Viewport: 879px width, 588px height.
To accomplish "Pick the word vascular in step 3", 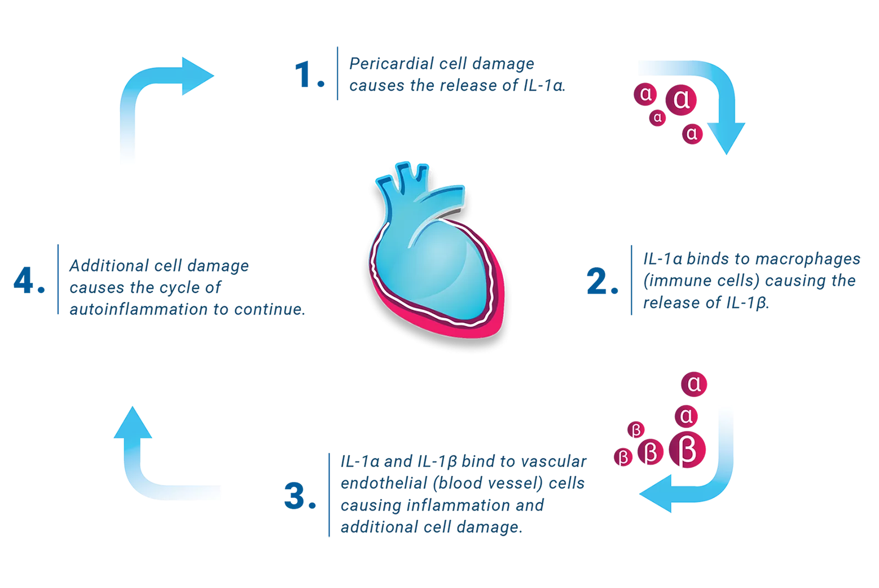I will [554, 461].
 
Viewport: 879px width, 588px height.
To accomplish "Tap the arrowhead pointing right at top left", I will [196, 76].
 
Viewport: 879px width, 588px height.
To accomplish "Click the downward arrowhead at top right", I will [726, 137].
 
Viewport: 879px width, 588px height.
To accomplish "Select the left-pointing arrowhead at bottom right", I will [657, 494].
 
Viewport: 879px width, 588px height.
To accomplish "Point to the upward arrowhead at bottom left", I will [132, 423].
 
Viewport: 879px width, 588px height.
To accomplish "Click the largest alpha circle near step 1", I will [681, 99].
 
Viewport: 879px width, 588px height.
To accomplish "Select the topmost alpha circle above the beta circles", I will [694, 384].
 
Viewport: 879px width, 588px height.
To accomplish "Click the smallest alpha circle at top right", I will [658, 118].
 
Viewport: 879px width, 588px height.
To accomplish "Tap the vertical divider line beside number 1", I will [337, 74].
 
